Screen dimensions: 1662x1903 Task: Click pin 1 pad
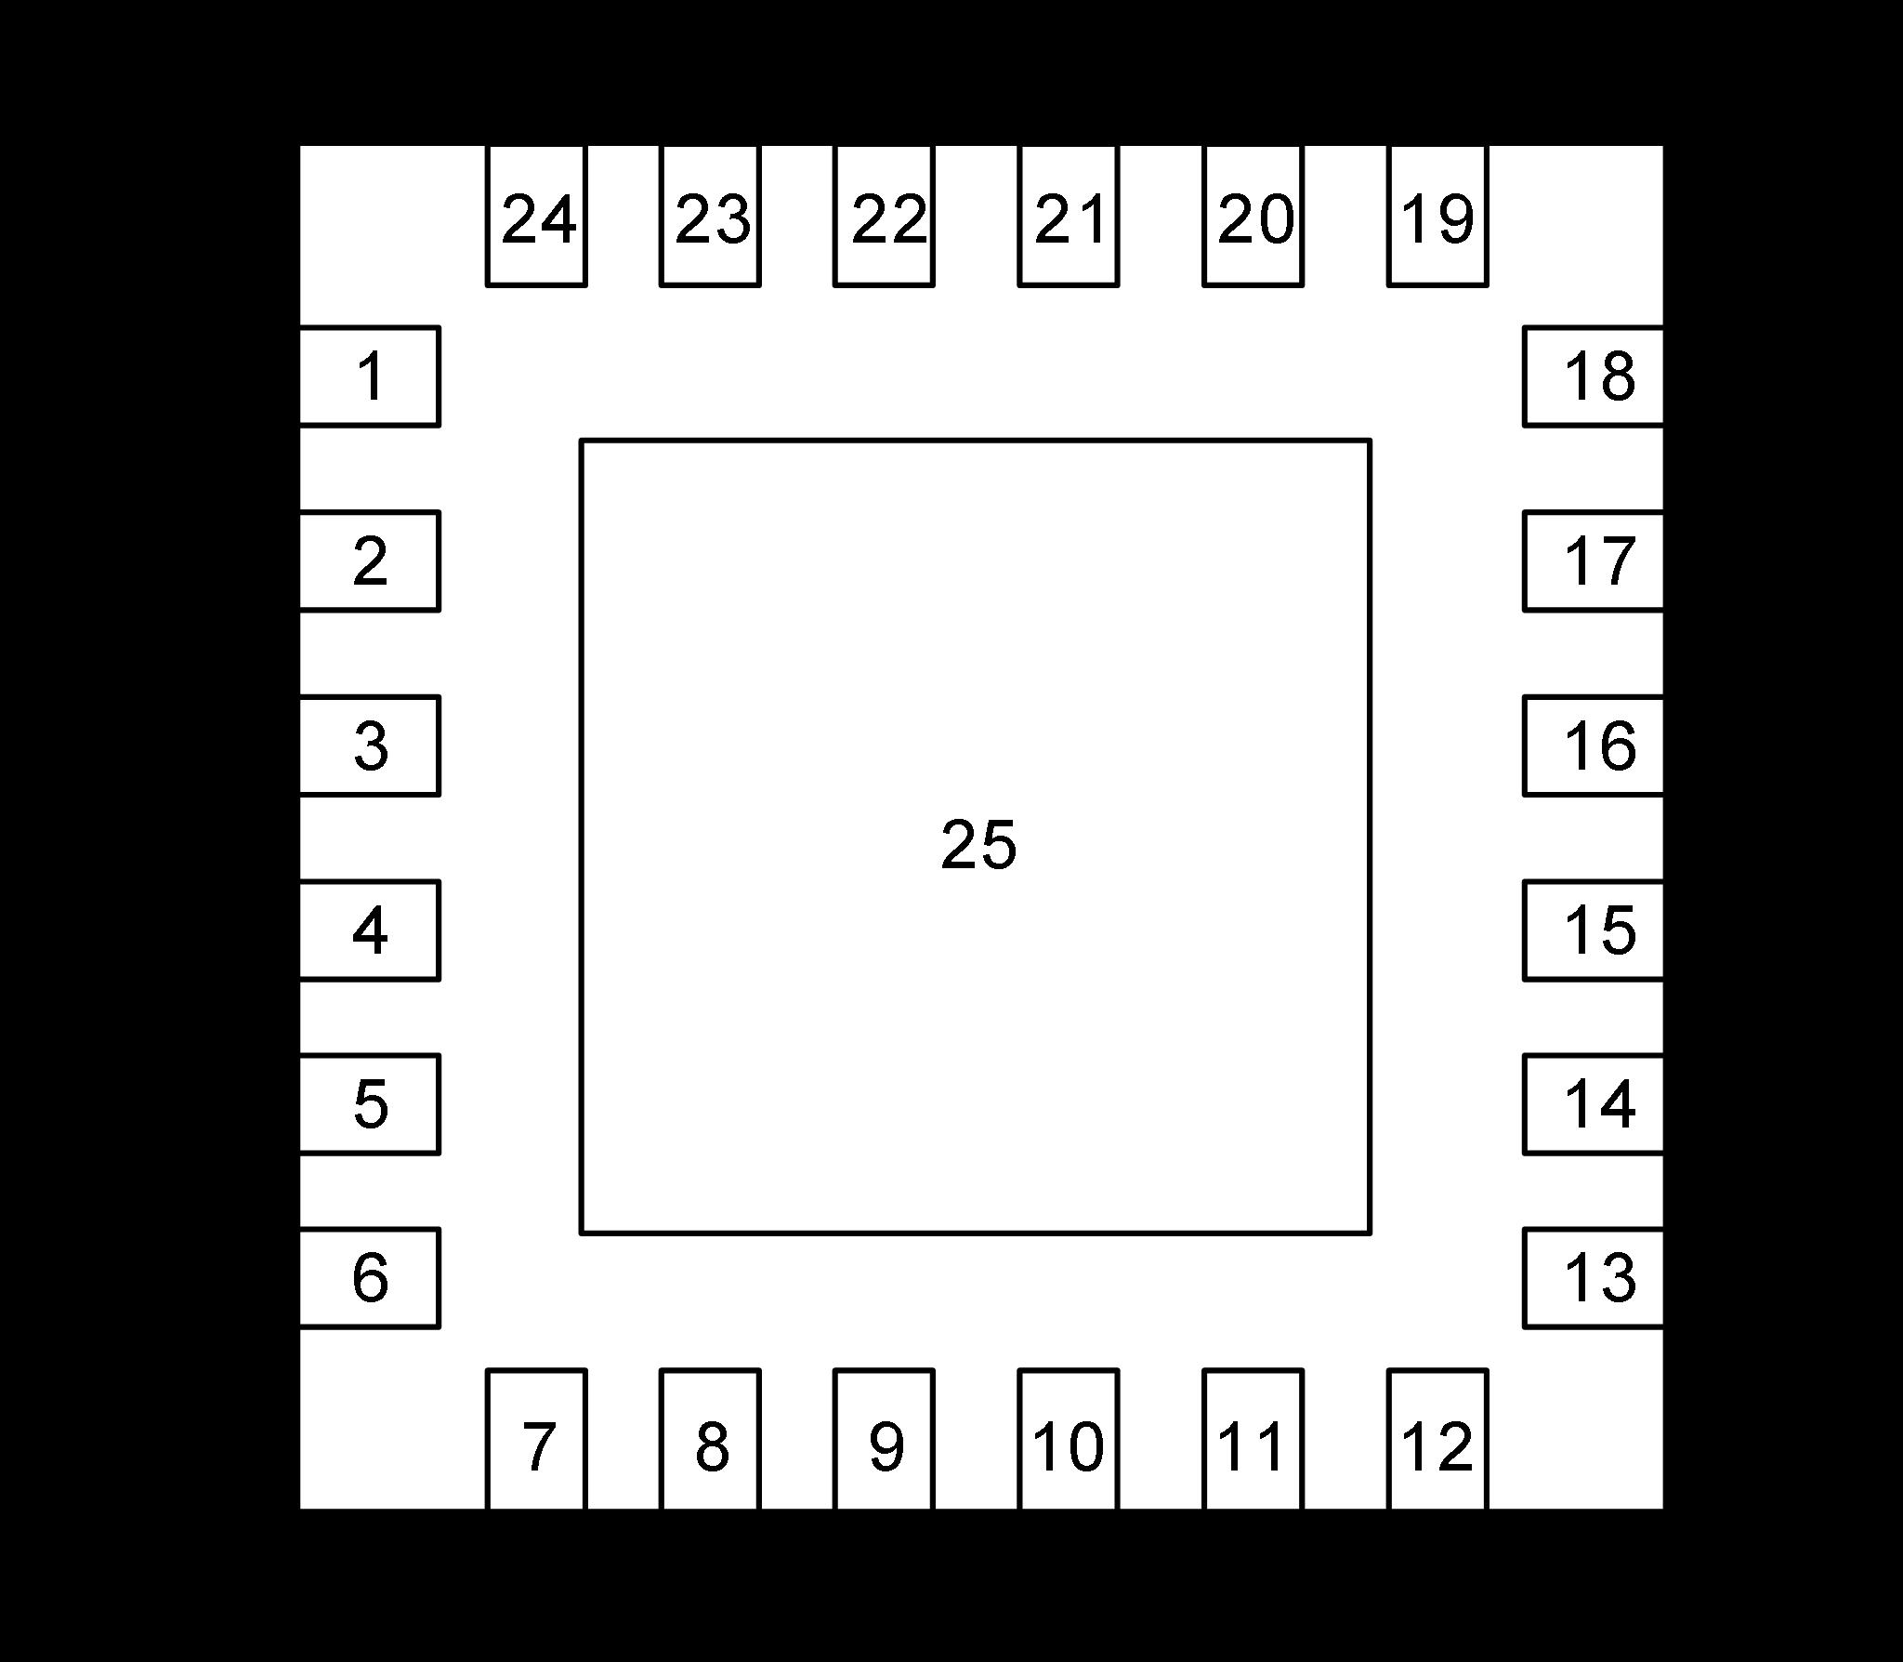click(x=370, y=376)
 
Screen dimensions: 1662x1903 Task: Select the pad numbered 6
click(x=370, y=1278)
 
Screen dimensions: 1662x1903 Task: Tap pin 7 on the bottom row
click(x=537, y=1438)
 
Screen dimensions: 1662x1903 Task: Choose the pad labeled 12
click(x=1437, y=1438)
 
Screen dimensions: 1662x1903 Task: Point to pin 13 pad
click(x=1593, y=1278)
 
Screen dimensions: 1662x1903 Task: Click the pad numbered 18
click(x=1593, y=376)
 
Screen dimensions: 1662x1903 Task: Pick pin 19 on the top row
click(x=1437, y=217)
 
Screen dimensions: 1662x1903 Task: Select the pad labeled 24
click(x=537, y=217)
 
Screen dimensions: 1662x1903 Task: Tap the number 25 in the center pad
click(x=978, y=845)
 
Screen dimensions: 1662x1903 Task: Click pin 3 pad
click(x=370, y=745)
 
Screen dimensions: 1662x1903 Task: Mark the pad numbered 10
click(x=1069, y=1438)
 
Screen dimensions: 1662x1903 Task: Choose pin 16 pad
click(x=1593, y=745)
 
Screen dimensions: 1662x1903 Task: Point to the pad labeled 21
click(x=1069, y=217)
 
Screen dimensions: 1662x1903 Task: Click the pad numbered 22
click(x=885, y=217)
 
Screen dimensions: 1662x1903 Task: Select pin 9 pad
click(x=885, y=1438)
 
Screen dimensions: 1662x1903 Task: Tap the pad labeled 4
click(x=370, y=930)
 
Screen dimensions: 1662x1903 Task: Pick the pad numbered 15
click(x=1593, y=930)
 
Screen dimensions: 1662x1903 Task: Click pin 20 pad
click(x=1253, y=217)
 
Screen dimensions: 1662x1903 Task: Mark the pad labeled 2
click(x=370, y=561)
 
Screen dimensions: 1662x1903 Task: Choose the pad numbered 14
click(x=1593, y=1104)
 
